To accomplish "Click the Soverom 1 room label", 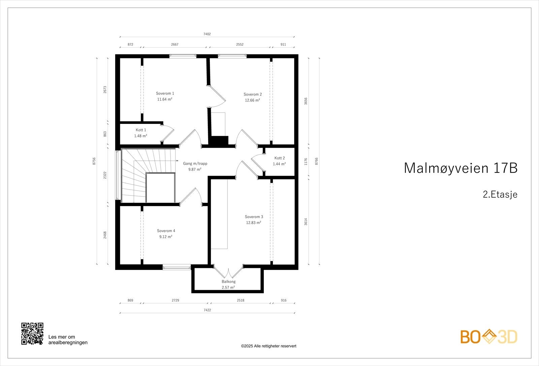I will tap(165, 93).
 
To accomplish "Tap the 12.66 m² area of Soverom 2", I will tap(252, 100).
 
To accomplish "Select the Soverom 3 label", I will tap(254, 217).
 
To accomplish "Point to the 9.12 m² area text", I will tap(166, 237).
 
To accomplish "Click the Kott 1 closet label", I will tap(141, 130).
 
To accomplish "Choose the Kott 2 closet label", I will tap(279, 158).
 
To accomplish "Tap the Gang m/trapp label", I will tap(195, 164).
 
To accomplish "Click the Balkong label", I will tap(228, 281).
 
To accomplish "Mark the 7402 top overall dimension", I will tap(207, 34).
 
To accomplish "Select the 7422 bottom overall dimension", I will tap(207, 310).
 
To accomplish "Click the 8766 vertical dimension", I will tap(317, 161).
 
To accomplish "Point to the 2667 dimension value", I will tap(175, 44).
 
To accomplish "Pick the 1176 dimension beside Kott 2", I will tap(306, 161).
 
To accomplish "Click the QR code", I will tap(32, 334).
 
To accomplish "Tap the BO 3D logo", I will tap(489, 337).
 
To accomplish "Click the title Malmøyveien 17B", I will tap(460, 168).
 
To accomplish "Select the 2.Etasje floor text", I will tap(500, 195).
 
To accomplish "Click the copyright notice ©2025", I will tap(268, 346).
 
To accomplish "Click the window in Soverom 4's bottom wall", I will tap(177, 267).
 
